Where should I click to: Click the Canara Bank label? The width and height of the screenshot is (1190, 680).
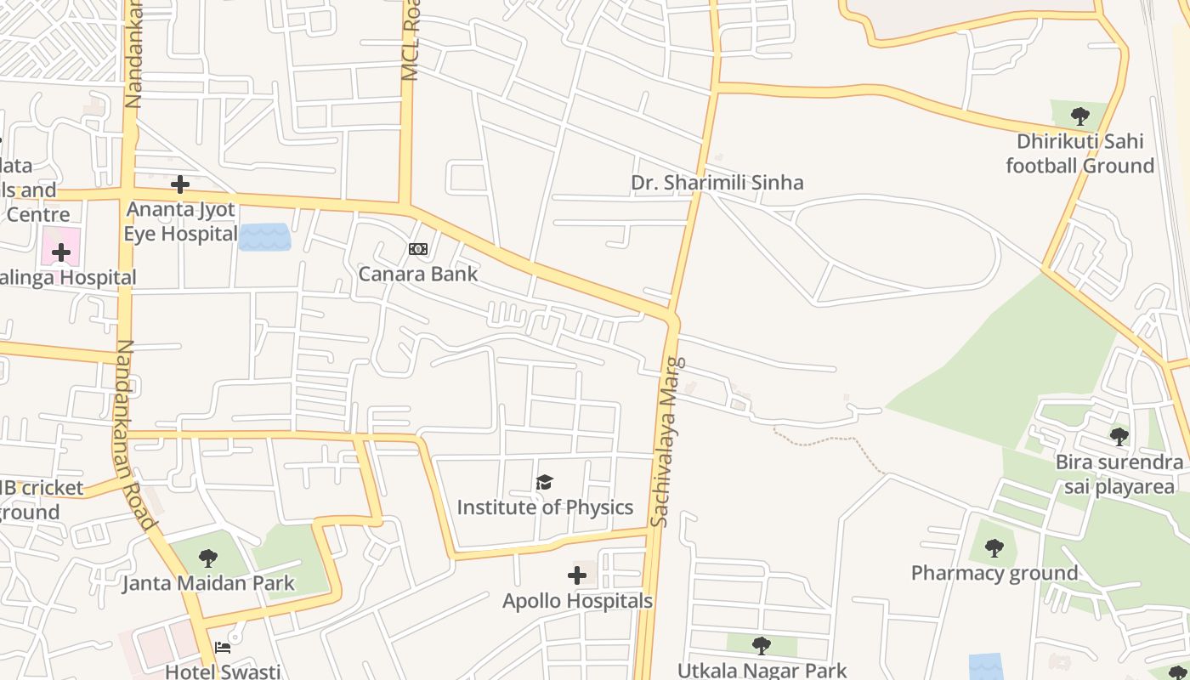tap(418, 274)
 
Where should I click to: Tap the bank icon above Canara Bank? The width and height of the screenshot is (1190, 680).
tap(418, 249)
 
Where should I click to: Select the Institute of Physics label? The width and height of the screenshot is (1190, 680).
tap(545, 507)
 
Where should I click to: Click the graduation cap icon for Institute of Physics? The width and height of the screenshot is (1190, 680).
tap(545, 483)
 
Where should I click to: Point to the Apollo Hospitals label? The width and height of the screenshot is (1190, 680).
tap(577, 601)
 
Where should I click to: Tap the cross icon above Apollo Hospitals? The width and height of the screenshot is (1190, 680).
tap(577, 575)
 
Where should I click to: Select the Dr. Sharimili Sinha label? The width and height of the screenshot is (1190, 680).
tap(717, 183)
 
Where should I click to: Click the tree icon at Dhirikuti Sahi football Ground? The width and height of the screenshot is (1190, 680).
tap(1079, 116)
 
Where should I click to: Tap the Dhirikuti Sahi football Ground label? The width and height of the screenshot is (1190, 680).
tap(1079, 153)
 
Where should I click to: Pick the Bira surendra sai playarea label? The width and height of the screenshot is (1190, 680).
tap(1119, 473)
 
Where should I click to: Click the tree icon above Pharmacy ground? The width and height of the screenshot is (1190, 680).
tap(994, 548)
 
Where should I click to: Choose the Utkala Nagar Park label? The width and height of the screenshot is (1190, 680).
tap(762, 671)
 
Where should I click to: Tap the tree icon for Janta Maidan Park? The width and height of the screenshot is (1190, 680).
tap(207, 558)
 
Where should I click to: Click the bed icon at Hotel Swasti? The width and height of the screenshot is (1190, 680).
tap(223, 648)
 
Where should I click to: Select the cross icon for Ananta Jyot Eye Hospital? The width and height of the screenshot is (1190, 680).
tap(180, 184)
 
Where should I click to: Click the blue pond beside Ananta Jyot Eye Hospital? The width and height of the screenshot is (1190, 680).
tap(264, 237)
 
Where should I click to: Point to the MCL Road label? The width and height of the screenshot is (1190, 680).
tap(411, 41)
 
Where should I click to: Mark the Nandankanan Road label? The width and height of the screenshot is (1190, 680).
tap(136, 433)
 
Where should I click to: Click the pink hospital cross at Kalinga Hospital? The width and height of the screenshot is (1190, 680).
tap(61, 252)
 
